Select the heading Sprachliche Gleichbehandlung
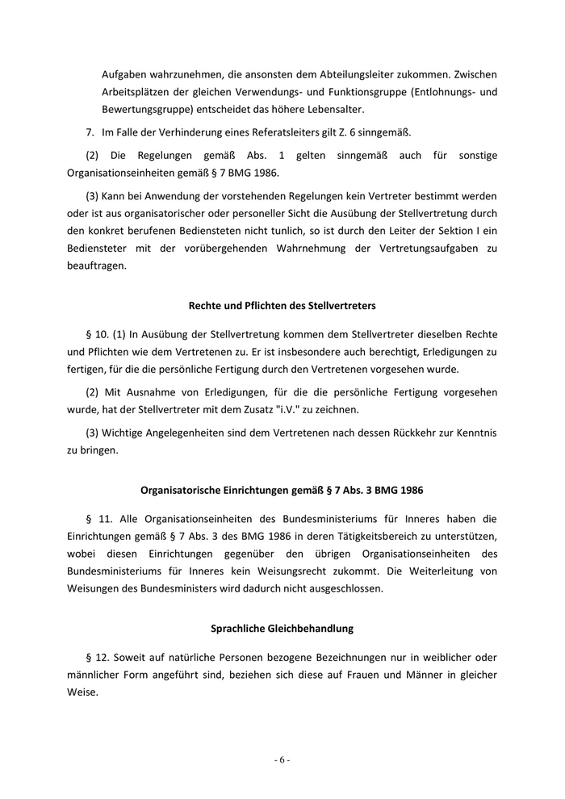click(x=282, y=627)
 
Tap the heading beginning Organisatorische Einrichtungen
click(x=282, y=489)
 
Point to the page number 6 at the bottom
click(x=282, y=759)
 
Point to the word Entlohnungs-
click(x=446, y=91)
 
